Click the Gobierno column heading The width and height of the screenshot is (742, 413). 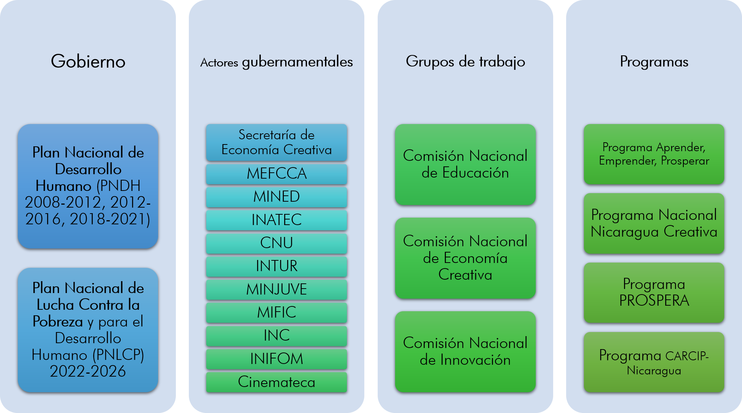(88, 61)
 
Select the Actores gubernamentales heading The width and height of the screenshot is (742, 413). (276, 62)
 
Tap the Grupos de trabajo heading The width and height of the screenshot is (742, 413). (465, 62)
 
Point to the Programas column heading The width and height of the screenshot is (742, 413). (654, 62)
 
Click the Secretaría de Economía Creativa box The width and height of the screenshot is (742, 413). (276, 142)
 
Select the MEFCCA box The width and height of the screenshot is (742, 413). (276, 174)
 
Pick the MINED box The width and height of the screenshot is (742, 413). (276, 197)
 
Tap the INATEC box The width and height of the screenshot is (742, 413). (276, 220)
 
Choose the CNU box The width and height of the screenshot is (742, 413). (276, 243)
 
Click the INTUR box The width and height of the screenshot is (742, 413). (276, 266)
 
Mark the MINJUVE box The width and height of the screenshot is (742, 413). (276, 289)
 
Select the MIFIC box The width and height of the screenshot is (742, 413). (276, 312)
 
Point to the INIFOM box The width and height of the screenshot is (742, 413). (276, 359)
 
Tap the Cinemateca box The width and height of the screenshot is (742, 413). (276, 382)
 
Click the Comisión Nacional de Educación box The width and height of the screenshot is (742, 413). (465, 164)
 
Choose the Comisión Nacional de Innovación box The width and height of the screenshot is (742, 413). (465, 351)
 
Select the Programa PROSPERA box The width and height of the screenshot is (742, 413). (654, 292)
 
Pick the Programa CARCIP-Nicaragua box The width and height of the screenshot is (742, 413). (654, 362)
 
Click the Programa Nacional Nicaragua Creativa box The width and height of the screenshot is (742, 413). (654, 223)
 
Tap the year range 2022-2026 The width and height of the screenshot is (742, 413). (88, 371)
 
